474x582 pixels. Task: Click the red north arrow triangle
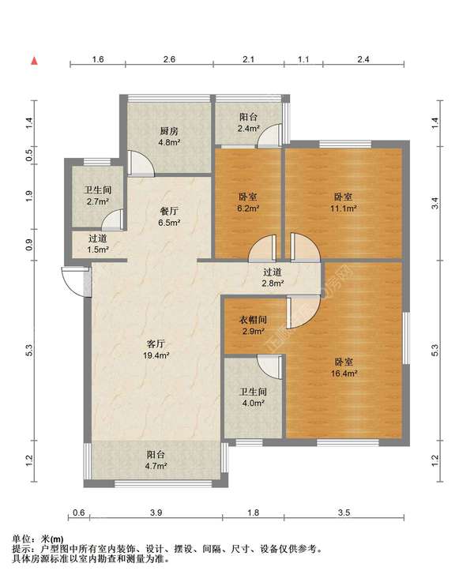click(34, 61)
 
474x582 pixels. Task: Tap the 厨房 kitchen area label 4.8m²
click(169, 137)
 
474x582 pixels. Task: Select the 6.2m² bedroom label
click(248, 202)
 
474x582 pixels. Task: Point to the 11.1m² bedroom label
click(344, 202)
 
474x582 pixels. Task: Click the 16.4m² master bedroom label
click(344, 367)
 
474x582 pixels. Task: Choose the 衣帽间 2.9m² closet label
click(253, 325)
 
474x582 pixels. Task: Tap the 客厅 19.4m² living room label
click(156, 350)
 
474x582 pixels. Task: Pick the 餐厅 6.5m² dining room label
click(169, 217)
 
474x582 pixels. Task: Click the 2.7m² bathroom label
click(98, 196)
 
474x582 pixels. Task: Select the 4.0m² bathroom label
click(253, 397)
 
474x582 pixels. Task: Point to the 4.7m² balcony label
click(156, 460)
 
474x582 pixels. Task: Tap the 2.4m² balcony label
click(248, 123)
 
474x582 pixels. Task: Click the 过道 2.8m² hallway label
click(273, 278)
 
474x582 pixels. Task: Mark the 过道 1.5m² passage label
click(98, 244)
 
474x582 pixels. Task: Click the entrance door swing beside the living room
click(75, 281)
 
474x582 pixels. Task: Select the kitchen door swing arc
click(141, 163)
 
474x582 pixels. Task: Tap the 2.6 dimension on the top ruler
click(169, 59)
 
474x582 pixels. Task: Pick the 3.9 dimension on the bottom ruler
click(156, 513)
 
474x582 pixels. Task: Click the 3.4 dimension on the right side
click(435, 203)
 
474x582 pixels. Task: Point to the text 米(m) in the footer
click(52, 539)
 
